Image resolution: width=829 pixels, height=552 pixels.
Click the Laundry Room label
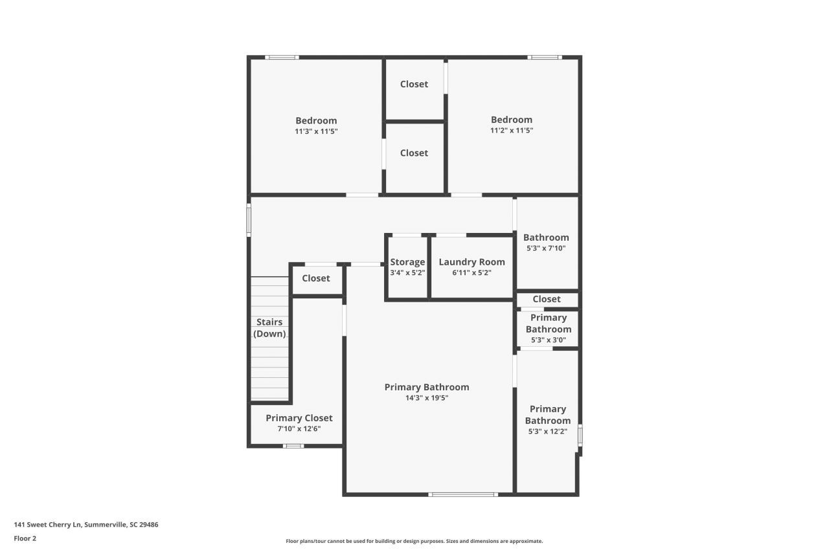[x=471, y=262]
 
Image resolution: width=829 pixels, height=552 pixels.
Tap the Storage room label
[x=407, y=262]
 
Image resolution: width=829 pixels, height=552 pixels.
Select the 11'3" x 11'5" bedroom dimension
[x=316, y=131]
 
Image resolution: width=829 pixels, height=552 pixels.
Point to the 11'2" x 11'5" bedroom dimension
[x=512, y=131]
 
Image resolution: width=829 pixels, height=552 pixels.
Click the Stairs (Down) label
[x=269, y=328]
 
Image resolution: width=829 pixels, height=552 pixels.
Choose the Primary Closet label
[x=299, y=418]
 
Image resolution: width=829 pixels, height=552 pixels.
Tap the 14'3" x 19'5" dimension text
[x=427, y=398]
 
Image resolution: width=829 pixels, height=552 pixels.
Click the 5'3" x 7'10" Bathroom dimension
[x=546, y=248]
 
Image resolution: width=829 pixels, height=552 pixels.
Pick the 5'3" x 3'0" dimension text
[x=548, y=340]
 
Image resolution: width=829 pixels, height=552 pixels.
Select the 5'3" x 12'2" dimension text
[x=548, y=432]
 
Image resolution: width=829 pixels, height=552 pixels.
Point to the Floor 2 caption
[x=25, y=538]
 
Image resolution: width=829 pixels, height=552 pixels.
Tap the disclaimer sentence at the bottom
[x=414, y=541]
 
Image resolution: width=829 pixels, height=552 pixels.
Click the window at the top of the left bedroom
[x=282, y=58]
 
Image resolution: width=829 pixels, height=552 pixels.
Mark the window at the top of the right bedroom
[x=544, y=58]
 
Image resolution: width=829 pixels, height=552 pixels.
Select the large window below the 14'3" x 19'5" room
[x=463, y=494]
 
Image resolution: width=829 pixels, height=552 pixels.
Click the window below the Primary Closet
[x=293, y=445]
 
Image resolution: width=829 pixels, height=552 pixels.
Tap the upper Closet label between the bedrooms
[x=414, y=84]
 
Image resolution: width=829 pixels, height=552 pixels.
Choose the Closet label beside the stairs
[x=316, y=278]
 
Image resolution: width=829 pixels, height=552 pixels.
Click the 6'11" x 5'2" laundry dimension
[x=471, y=273]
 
